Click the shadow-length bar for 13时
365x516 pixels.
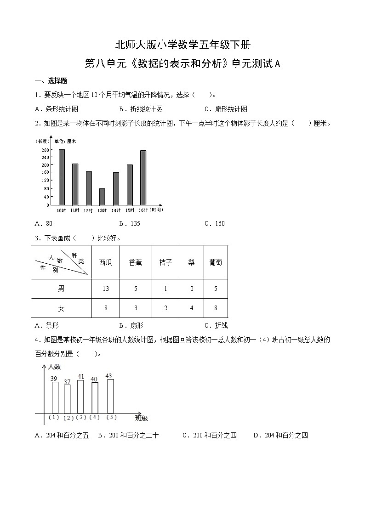pos(102,197)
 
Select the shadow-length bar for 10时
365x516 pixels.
pos(62,177)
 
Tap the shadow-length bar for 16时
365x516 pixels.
pos(143,178)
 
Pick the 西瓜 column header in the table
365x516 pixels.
pos(106,262)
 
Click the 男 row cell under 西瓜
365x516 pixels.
pos(106,289)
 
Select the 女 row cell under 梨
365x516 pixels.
pos(192,308)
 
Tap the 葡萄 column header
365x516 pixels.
pos(216,262)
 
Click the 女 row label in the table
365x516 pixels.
pos(61,308)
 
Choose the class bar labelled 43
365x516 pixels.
pos(110,396)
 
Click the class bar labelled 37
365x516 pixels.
pos(67,399)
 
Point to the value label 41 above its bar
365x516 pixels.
pos(80,377)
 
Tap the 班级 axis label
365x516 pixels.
pos(142,418)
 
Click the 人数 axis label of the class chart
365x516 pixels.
pos(54,367)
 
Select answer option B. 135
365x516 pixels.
pos(129,224)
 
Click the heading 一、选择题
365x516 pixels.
pos(51,81)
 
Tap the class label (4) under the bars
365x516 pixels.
pos(95,417)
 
